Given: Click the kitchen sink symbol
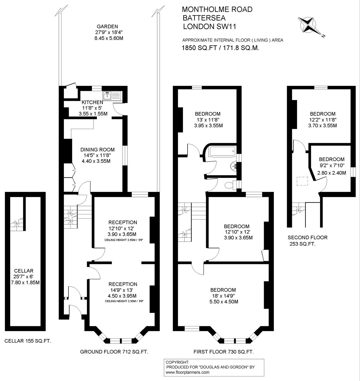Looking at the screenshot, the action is pos(112,96).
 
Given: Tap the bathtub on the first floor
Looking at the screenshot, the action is pos(222,152).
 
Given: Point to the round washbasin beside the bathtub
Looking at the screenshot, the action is pos(233,166).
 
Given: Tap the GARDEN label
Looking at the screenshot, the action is pos(107,26).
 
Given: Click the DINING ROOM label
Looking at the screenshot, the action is pos(97,150).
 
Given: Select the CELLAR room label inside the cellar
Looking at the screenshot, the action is pos(24,271).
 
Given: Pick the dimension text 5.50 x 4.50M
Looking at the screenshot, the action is pos(224,301).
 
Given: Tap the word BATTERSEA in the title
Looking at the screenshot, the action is pos(204,18).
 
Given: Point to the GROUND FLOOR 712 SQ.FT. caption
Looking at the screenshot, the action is pos(114,352).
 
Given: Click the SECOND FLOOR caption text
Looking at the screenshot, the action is pos(307,237).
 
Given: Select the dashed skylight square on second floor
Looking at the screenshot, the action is pos(302,181).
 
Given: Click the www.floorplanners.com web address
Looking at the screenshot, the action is pos(187,372).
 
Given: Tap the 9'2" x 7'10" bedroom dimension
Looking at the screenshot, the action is pos(331,165).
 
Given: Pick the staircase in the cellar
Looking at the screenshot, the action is pos(17,224).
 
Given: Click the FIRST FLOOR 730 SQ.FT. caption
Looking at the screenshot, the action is pos(223,352).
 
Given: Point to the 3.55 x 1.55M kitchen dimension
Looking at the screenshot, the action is pos(93,114).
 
